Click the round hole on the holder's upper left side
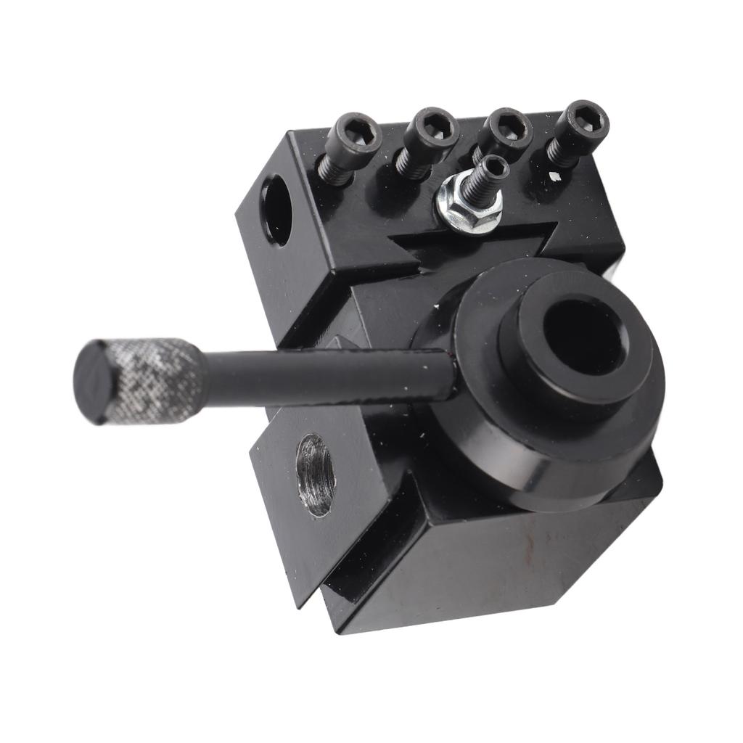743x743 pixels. click(276, 210)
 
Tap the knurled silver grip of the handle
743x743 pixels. click(154, 379)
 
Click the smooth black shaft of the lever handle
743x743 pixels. click(327, 373)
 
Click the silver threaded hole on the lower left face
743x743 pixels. click(316, 475)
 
